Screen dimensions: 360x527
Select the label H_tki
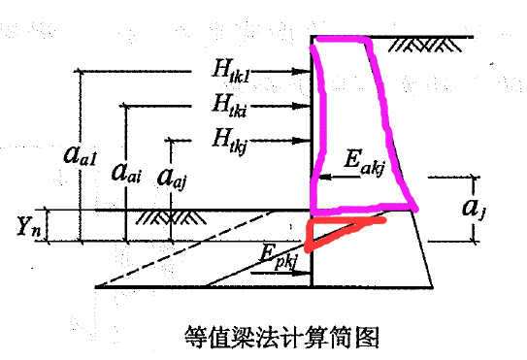pyautogui.click(x=236, y=102)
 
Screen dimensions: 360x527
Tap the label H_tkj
pyautogui.click(x=235, y=138)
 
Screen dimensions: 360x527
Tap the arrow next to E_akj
pyautogui.click(x=325, y=178)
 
